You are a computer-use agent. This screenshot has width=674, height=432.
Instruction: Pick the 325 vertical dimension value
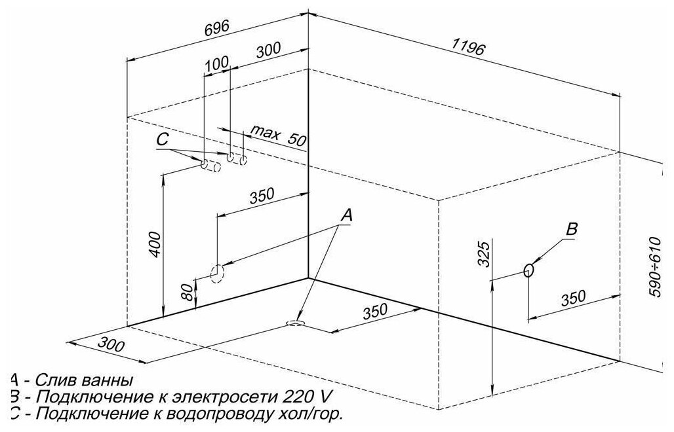[x=484, y=253]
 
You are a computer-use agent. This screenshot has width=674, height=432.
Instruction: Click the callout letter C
[x=163, y=139]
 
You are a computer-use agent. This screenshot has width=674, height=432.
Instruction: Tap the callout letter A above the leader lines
[x=347, y=215]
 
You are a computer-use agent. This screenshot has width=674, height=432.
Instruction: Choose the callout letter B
[x=571, y=230]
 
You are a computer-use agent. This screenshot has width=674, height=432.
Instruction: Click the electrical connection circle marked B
[x=529, y=270]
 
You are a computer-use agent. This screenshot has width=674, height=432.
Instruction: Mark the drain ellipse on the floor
[x=296, y=323]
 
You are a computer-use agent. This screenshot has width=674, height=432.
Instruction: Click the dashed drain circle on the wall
[x=216, y=272]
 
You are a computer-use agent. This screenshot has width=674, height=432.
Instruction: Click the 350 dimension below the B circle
[x=574, y=298]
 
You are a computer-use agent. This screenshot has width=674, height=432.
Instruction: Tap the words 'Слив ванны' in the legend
[x=83, y=380]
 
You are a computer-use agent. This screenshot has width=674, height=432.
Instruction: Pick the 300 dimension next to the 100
[x=268, y=49]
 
